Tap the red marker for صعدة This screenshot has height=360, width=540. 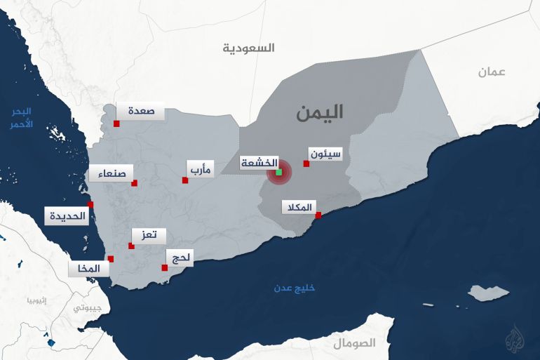[116, 124]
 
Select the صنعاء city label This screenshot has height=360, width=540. [111, 173]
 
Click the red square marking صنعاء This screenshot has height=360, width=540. [135, 183]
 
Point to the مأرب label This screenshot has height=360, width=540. [200, 169]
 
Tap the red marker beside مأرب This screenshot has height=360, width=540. [185, 180]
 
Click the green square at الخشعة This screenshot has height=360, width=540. [278, 172]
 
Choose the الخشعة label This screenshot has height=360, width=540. [259, 162]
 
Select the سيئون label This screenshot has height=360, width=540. [325, 153]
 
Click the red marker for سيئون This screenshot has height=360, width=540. [306, 164]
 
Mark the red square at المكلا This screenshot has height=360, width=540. [318, 215]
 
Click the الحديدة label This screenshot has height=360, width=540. [67, 215]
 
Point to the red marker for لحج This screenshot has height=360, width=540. [165, 267]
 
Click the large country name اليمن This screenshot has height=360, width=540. [319, 112]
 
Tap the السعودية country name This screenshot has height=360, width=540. [249, 48]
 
